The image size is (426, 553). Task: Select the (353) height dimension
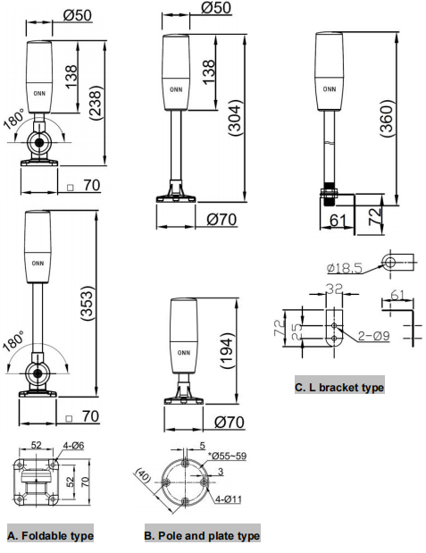pos(88,303)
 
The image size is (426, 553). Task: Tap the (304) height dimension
pos(235,118)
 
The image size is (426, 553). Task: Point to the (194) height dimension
pos(227,350)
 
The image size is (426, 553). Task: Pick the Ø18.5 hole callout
pos(344,268)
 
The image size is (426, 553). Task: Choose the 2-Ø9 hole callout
pos(374,335)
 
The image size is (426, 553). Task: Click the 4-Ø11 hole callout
pos(229,499)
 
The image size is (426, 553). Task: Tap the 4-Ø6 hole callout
pos(73,446)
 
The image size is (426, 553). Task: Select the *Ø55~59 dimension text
pos(227,456)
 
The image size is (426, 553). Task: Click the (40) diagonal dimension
pos(144,475)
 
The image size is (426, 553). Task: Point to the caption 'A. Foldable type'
pos(50,536)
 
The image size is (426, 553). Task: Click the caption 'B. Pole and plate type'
pos(202,536)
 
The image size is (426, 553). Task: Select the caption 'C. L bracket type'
pos(339,388)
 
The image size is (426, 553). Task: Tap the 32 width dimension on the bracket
pos(334,289)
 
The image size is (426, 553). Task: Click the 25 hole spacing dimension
pos(297,331)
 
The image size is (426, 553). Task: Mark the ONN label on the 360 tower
pos(330,89)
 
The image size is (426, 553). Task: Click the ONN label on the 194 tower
pos(184,353)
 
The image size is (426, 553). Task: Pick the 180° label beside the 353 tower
pos(13,341)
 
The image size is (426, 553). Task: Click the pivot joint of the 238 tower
pos(38,142)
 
